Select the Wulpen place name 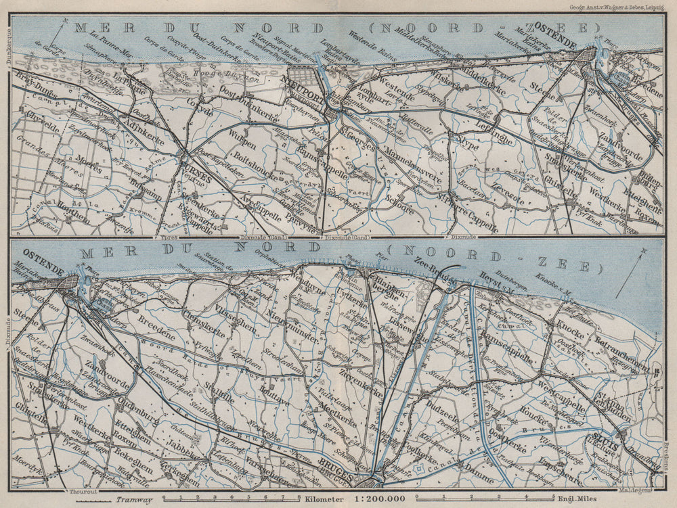(242, 145)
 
